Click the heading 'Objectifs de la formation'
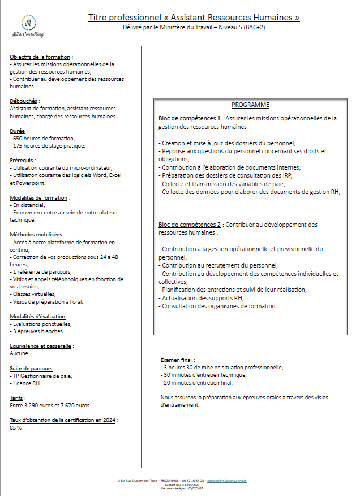[40, 57]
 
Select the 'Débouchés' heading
[24, 101]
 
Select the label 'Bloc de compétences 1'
[189, 118]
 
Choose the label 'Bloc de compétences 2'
[189, 225]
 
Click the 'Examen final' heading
[177, 360]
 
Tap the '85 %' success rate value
[16, 428]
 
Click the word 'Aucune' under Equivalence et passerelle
[19, 353]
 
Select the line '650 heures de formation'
[42, 139]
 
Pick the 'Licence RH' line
[28, 383]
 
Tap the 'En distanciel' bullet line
[28, 205]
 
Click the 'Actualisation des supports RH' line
[202, 298]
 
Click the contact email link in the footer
[227, 480]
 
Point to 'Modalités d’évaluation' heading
[37, 316]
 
